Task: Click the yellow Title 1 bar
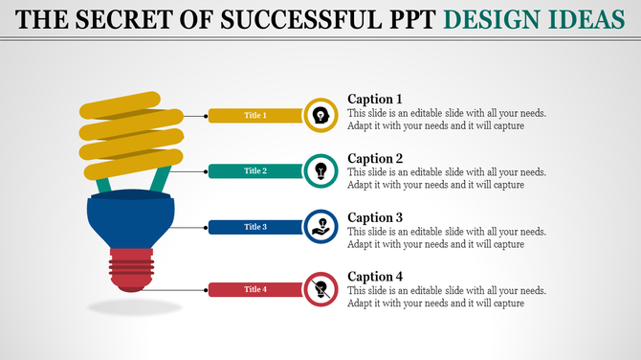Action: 255,116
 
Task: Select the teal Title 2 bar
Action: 255,171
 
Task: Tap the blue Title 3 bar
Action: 255,227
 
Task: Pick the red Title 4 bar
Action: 255,289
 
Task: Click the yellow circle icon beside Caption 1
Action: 320,116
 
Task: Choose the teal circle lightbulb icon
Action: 320,170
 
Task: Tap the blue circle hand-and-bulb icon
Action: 320,227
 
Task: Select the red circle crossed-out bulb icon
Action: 320,288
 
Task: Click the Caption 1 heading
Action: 375,99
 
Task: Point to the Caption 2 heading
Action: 375,158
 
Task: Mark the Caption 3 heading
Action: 375,217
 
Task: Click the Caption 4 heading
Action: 375,277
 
